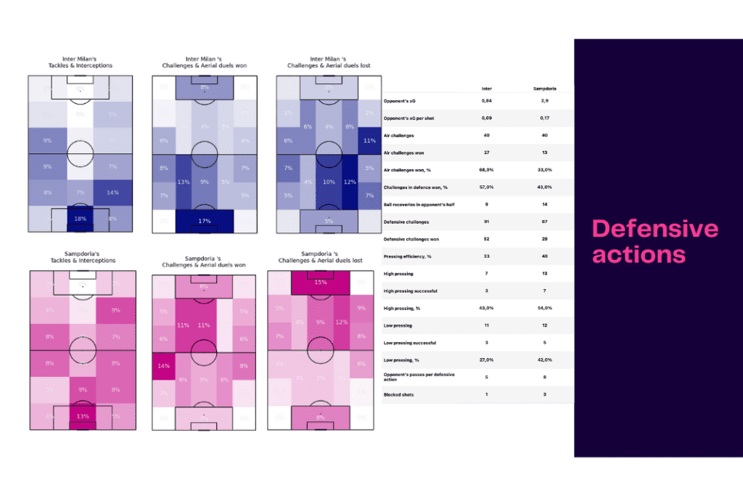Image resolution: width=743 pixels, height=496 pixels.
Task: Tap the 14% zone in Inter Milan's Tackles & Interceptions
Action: click(x=112, y=193)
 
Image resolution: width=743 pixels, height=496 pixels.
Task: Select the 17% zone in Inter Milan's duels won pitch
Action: click(x=204, y=221)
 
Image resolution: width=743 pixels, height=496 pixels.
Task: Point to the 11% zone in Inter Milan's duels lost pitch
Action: click(x=369, y=140)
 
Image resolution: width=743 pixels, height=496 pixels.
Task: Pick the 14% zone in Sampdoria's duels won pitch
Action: click(x=164, y=366)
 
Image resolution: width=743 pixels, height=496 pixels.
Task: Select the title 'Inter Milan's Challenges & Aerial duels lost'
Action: click(x=329, y=62)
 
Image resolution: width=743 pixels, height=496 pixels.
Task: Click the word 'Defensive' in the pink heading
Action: click(x=655, y=229)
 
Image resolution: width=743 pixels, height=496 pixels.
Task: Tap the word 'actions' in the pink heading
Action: click(x=639, y=254)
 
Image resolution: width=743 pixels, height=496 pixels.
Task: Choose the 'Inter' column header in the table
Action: click(x=487, y=89)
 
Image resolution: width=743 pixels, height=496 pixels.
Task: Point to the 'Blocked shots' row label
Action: click(x=399, y=394)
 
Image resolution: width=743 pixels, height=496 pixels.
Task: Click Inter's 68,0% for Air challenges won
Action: click(x=487, y=171)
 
